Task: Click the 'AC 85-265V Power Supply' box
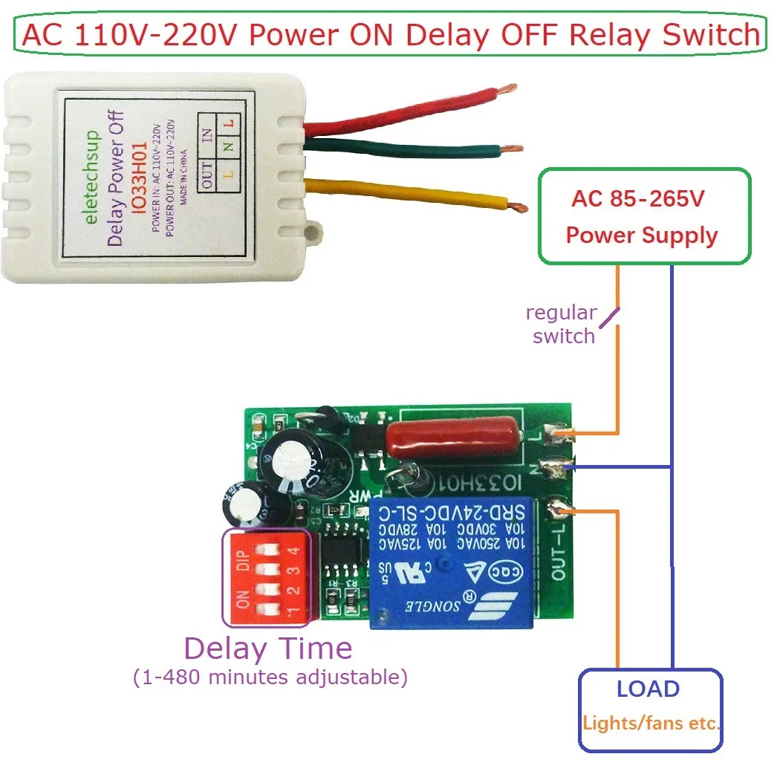coord(643,217)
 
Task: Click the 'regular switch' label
coord(562,325)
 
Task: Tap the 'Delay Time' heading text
coord(268,649)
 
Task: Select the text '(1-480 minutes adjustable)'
coord(270,677)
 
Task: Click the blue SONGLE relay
coord(452,562)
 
